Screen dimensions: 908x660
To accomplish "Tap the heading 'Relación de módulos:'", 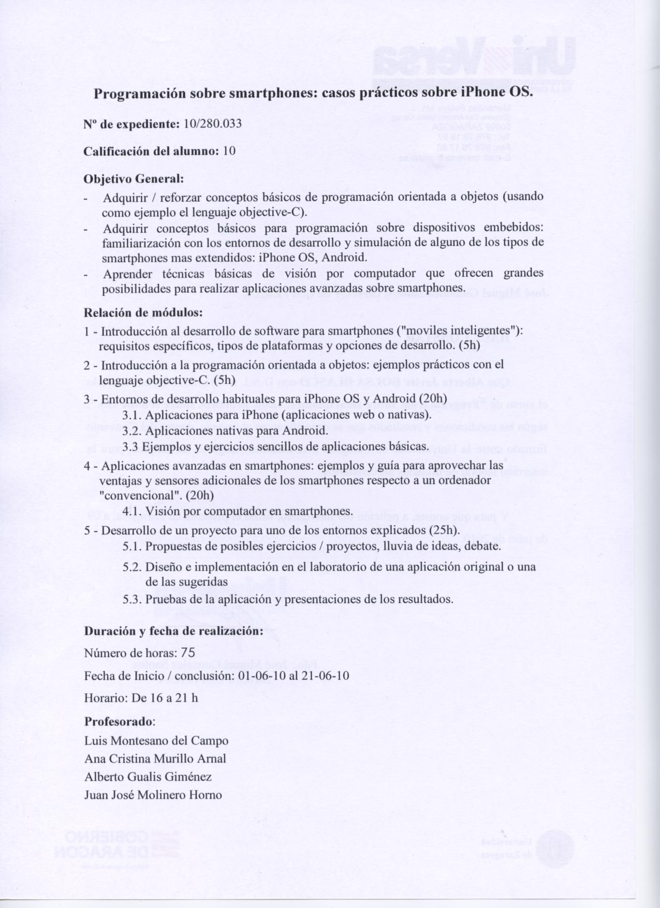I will [x=143, y=312].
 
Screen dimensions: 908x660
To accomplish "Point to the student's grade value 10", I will [x=229, y=151].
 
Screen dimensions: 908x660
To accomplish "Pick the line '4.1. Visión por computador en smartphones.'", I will [x=238, y=511].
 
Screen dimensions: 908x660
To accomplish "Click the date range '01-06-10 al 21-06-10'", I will [x=293, y=676].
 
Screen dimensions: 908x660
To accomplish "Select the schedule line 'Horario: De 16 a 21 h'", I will [x=141, y=697].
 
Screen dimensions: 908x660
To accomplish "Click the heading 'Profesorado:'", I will [x=120, y=721].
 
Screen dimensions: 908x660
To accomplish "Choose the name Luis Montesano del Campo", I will [x=156, y=740].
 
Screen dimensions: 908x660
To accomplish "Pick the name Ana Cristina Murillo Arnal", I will [x=155, y=758].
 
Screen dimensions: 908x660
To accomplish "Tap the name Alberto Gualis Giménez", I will [x=148, y=777].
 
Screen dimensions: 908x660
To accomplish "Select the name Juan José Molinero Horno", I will [x=153, y=795].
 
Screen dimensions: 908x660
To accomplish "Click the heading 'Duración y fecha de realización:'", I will [x=173, y=631].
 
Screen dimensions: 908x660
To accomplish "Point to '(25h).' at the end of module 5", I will [x=444, y=530].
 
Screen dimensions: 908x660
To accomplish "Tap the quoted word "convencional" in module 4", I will [x=135, y=495].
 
